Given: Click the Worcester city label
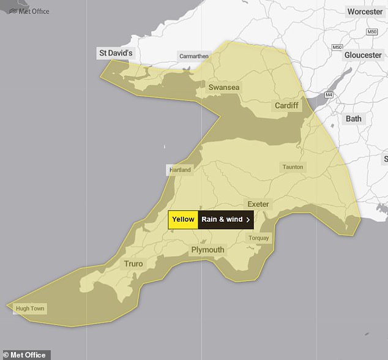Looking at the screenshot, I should (364, 12).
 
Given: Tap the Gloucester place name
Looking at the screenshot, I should (363, 55).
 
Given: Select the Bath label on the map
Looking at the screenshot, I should (353, 118).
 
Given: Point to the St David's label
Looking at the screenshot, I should (115, 53).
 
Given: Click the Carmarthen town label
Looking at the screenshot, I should (193, 56).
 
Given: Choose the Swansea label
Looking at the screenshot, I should (224, 88).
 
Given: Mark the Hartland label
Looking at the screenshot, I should (180, 170).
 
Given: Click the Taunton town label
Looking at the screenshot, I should (292, 167).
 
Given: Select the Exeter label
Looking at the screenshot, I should (258, 203).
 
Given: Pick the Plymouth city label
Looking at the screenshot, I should (207, 250).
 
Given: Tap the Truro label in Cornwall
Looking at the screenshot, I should (133, 264).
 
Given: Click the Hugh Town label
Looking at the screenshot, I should (31, 309).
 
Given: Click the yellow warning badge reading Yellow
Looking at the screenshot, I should (183, 219).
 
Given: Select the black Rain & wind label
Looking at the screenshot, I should (222, 219).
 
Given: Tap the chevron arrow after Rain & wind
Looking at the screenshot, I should (247, 219).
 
